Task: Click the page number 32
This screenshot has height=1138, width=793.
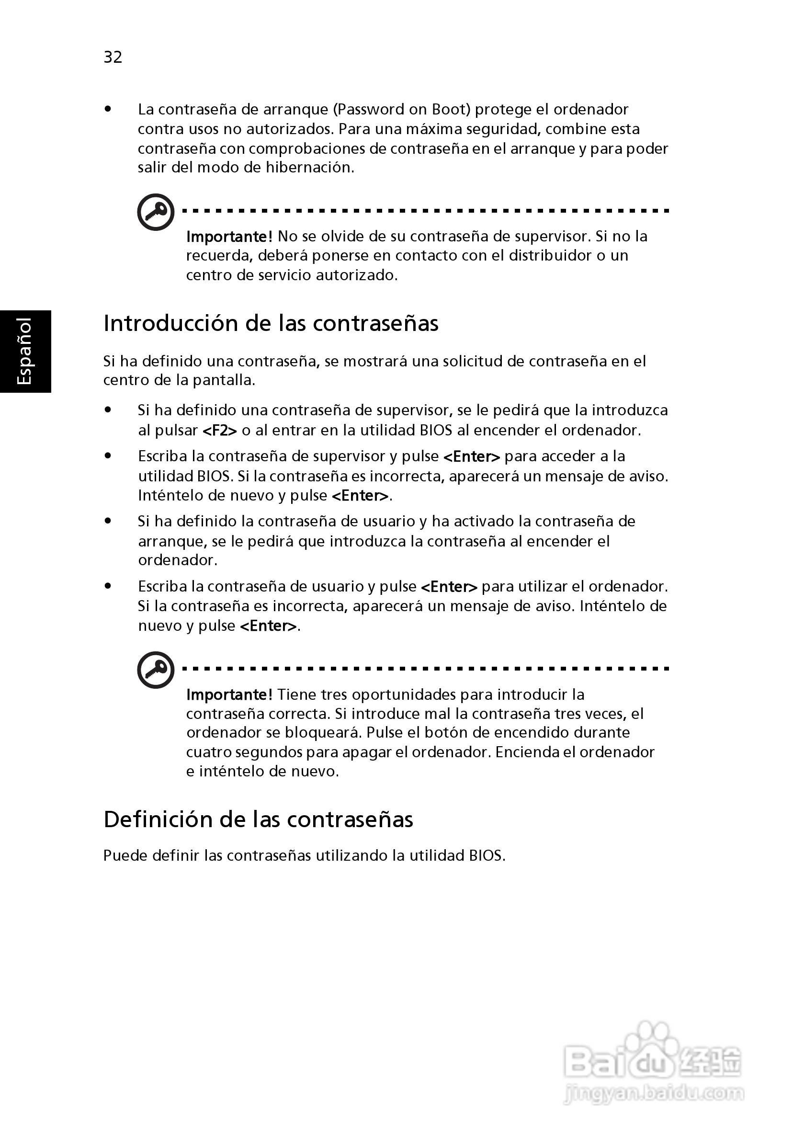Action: [113, 57]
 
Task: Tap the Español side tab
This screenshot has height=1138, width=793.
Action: [25, 351]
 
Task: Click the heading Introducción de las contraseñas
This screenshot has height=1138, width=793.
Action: [271, 324]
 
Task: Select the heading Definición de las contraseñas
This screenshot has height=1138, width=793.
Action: [258, 819]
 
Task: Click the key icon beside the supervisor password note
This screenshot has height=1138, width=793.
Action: [156, 212]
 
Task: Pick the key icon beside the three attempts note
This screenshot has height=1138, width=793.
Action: [156, 670]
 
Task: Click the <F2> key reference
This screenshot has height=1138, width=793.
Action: [220, 430]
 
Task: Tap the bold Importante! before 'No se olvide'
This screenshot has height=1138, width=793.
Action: [229, 237]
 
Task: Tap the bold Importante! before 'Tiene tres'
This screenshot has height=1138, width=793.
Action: [229, 694]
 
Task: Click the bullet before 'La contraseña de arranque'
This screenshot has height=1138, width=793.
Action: [108, 109]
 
